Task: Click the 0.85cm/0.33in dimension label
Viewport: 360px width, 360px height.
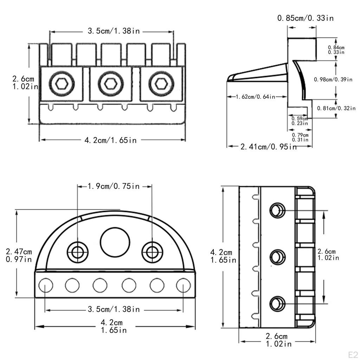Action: tap(305, 18)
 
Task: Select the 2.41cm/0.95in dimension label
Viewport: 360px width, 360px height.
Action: tap(269, 146)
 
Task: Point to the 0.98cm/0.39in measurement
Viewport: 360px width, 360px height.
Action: tap(333, 79)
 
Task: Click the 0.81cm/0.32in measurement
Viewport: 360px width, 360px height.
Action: tap(336, 108)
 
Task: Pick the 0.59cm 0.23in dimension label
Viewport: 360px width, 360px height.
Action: tap(300, 121)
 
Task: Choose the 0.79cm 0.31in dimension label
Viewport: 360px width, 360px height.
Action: tap(300, 137)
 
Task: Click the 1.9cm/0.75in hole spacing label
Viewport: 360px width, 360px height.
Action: tap(114, 186)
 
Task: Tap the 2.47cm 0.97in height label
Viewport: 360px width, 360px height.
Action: tap(19, 256)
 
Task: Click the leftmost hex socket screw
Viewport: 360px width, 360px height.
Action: tap(60, 84)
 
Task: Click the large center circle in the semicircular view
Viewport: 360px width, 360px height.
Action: tap(115, 243)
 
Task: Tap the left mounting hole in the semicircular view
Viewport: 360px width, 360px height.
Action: tap(78, 252)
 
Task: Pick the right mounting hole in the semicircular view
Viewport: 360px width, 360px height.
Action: tap(152, 252)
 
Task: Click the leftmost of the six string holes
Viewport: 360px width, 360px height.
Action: tap(46, 285)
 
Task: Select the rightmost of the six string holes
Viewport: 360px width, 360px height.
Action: tap(183, 285)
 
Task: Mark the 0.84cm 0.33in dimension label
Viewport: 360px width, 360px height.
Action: tap(336, 50)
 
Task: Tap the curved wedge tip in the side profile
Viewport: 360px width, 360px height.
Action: tap(231, 78)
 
